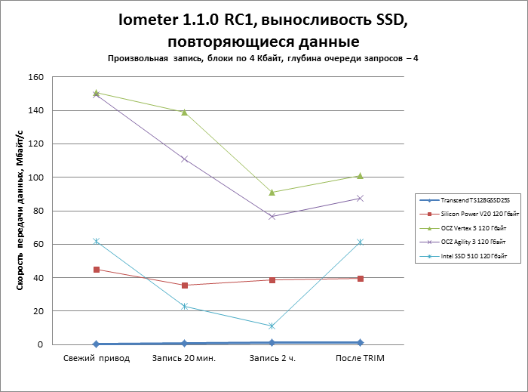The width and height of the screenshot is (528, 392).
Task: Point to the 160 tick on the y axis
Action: tap(35, 77)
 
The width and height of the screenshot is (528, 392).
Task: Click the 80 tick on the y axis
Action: tap(38, 211)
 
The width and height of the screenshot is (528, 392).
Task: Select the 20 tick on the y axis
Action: tap(38, 311)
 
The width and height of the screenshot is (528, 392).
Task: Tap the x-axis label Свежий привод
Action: tap(96, 358)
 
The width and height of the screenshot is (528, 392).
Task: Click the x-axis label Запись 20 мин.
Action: tap(184, 358)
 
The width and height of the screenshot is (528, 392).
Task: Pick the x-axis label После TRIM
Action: tap(360, 358)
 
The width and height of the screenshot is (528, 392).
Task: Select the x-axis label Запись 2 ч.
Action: tap(272, 358)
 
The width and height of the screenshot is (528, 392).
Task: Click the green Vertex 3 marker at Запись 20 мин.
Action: tap(184, 112)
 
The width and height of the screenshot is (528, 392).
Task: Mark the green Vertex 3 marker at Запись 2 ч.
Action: tap(272, 192)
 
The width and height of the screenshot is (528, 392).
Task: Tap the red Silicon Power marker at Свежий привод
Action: tap(96, 270)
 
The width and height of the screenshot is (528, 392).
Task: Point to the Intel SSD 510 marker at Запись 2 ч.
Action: tap(272, 326)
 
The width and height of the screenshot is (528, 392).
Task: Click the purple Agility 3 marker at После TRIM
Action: tap(360, 198)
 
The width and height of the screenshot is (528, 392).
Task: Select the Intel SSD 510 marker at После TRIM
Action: tap(360, 242)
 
